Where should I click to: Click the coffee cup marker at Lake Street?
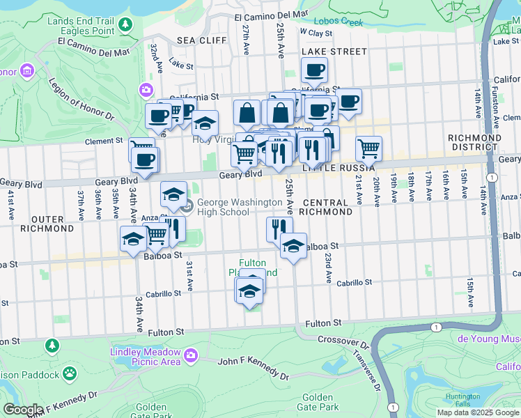pos(313,70)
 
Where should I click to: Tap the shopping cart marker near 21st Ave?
pos(368,148)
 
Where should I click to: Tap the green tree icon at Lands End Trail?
pos(125,25)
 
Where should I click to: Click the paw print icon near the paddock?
pos(70,375)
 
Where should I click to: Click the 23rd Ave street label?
pos(326,268)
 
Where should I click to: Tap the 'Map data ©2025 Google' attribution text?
pos(478,412)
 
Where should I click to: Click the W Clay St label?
pos(316,32)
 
